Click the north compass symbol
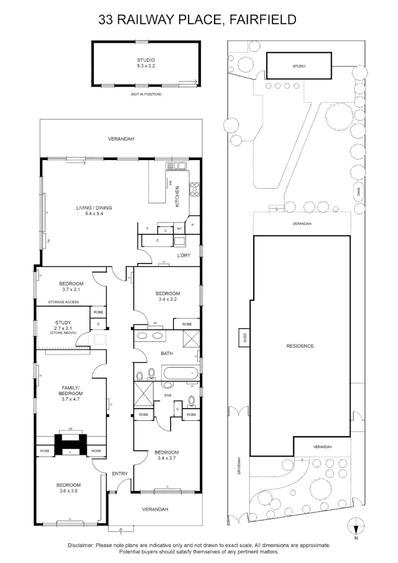click(356, 525)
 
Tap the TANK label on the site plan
click(358, 192)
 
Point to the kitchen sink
click(177, 166)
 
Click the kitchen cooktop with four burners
click(195, 188)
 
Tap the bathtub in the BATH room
click(180, 373)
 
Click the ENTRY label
click(120, 473)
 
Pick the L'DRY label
click(184, 255)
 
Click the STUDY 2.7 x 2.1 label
click(63, 326)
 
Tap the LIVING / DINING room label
click(94, 211)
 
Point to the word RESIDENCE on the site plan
click(300, 346)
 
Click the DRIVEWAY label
click(240, 466)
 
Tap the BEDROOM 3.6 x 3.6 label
click(68, 487)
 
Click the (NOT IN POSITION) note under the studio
click(146, 94)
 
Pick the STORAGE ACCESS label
click(64, 302)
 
